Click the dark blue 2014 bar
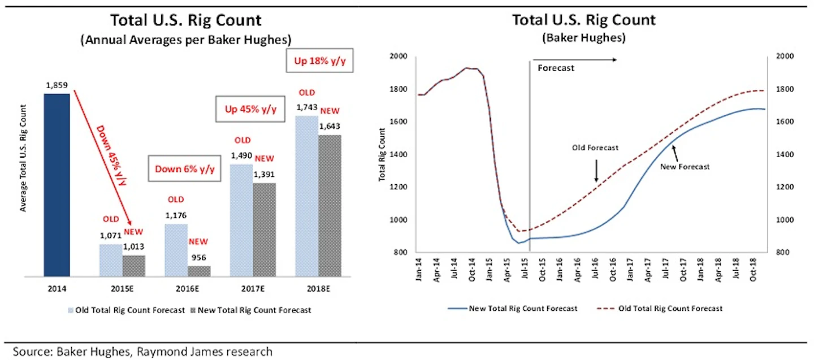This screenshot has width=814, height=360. [57, 185]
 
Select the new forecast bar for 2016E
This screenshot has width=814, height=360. [198, 271]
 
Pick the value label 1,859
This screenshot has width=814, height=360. [57, 86]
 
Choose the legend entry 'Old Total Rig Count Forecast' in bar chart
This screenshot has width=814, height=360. [131, 310]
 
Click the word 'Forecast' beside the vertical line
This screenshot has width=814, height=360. [556, 68]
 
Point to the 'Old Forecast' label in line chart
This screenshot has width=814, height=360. [596, 148]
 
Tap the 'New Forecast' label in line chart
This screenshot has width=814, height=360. [685, 167]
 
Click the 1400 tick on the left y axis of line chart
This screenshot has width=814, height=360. [399, 155]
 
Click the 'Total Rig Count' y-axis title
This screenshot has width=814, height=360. [382, 154]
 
